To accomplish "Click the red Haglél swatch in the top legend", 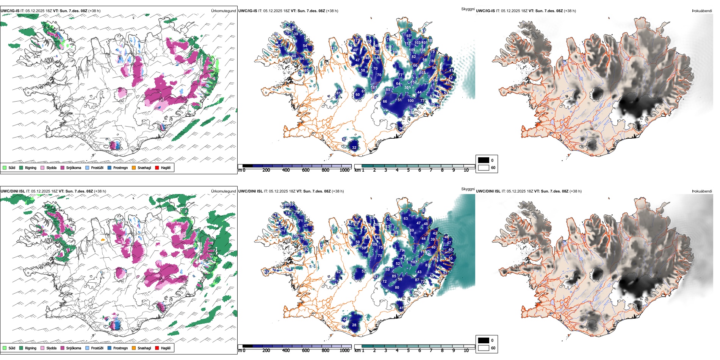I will tap(157, 167).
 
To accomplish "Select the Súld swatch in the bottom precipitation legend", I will tap(5, 348).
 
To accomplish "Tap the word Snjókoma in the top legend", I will tap(74, 167).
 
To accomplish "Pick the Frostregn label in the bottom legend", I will tap(121, 348).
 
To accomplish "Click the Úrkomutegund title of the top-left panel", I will tap(223, 11).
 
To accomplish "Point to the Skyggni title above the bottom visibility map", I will tap(468, 189).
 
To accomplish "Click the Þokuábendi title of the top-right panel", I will tap(702, 11).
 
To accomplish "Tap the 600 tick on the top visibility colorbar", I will tap(306, 170).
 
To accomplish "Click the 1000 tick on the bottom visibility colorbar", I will tap(344, 351).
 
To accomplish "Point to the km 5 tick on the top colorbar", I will tap(408, 170).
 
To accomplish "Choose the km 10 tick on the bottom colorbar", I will tap(466, 351).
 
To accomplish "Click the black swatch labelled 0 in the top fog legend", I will tap(484, 160).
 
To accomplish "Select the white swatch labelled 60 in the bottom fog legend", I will tap(484, 348).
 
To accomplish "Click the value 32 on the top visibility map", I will tap(354, 148).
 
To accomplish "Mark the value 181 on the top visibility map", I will tap(374, 88).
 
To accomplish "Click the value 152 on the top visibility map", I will tap(413, 82).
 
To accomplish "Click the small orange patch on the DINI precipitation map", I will tap(103, 240).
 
